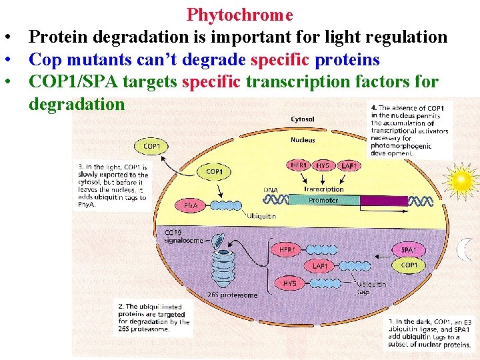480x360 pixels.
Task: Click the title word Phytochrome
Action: (x=239, y=15)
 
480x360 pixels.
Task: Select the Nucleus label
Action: (x=303, y=140)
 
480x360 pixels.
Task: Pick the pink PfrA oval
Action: (x=190, y=206)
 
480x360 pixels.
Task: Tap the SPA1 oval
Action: (x=409, y=250)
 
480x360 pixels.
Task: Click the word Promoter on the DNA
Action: (x=323, y=200)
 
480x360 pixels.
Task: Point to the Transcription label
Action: (x=324, y=189)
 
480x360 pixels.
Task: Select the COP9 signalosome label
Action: (x=183, y=237)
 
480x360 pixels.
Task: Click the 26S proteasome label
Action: (x=232, y=295)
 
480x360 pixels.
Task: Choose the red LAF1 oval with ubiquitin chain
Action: (x=320, y=266)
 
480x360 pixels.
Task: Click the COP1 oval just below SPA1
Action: (x=409, y=265)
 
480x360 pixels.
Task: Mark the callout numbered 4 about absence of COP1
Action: (x=409, y=129)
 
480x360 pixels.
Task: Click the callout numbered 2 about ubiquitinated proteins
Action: (x=154, y=318)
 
